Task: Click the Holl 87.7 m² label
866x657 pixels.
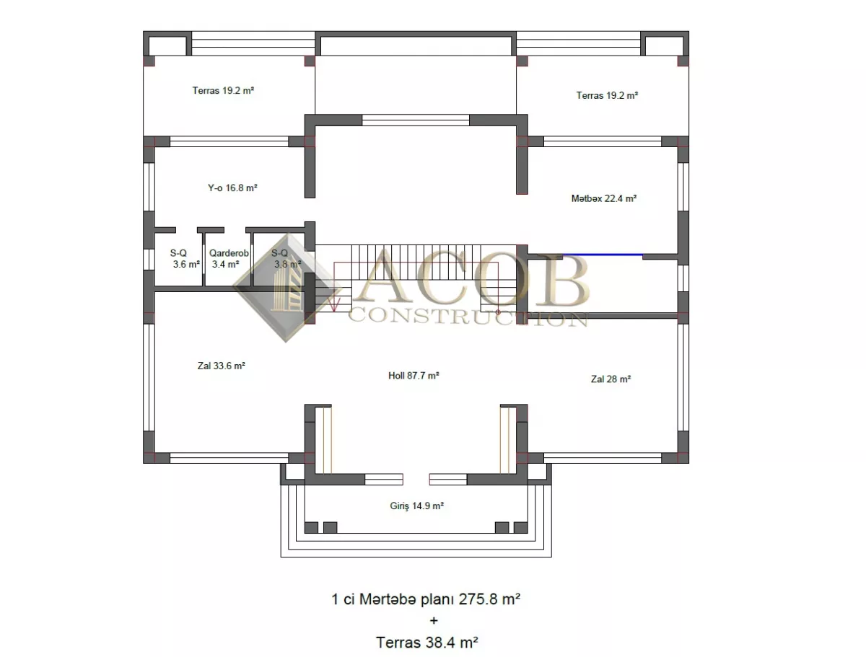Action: [x=414, y=376]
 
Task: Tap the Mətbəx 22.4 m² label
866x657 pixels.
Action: [x=603, y=198]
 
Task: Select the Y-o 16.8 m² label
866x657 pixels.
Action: [x=232, y=188]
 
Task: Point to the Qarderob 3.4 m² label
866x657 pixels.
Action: [x=229, y=258]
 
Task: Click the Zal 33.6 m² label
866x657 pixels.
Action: [x=222, y=366]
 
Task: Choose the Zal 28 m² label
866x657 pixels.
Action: [x=611, y=379]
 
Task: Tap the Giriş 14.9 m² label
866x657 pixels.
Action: [x=416, y=506]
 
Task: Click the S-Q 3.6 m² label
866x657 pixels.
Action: [x=185, y=258]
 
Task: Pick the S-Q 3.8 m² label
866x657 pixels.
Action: [x=286, y=258]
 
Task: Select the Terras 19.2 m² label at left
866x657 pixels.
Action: [x=223, y=91]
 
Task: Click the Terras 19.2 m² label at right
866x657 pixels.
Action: [x=607, y=95]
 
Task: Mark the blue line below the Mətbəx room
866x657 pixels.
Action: [x=603, y=255]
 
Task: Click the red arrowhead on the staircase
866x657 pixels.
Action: [x=335, y=306]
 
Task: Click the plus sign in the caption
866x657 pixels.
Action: [x=434, y=621]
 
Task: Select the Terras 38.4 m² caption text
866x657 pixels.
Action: [x=427, y=643]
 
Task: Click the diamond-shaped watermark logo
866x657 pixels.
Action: [x=287, y=288]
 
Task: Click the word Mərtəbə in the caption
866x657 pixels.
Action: [x=388, y=599]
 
